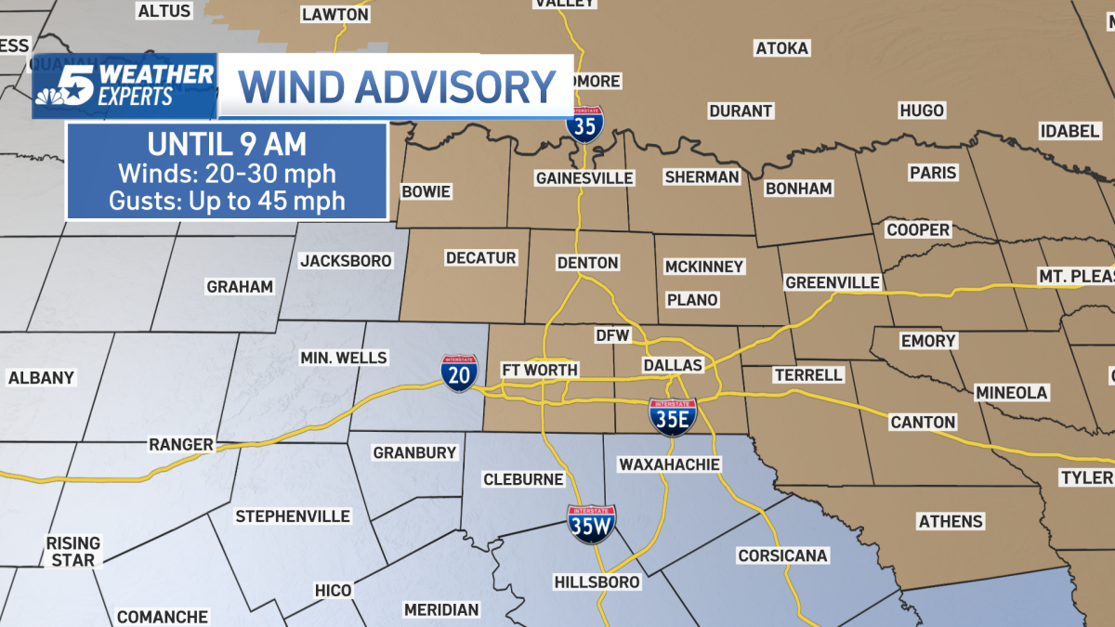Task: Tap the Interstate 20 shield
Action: [x=460, y=372]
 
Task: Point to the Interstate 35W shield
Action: [x=591, y=525]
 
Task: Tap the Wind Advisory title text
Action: [x=397, y=86]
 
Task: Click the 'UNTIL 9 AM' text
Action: [x=227, y=146]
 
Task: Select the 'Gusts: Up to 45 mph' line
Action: [x=227, y=200]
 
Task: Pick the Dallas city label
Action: [x=672, y=365]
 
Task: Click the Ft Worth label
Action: [x=539, y=370]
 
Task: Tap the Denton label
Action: [x=587, y=263]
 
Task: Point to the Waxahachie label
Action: [x=662, y=464]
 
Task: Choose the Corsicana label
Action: [x=782, y=555]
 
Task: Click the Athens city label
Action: [x=951, y=521]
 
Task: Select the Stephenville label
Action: [x=293, y=516]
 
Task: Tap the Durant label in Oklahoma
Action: [x=741, y=111]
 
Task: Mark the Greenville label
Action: [x=832, y=281]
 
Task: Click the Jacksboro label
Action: [x=346, y=261]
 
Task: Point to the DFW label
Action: [x=612, y=334]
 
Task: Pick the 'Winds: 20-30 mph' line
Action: [x=227, y=173]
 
